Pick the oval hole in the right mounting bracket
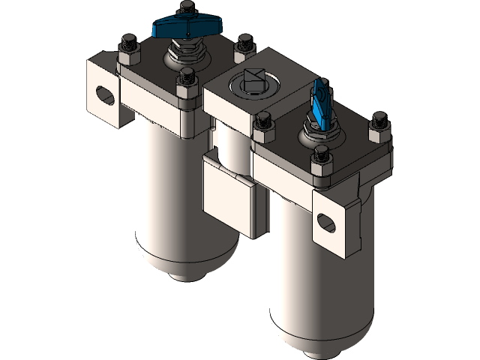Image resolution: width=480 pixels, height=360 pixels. [x=325, y=220]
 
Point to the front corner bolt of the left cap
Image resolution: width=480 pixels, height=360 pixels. [x=187, y=76]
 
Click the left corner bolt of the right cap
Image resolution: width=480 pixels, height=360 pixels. [x=263, y=123]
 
